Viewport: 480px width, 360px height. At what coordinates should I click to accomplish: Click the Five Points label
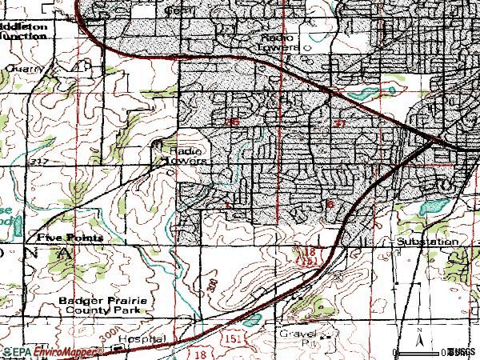(x=58, y=238)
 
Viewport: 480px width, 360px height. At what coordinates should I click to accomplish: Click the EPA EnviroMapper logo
(x=53, y=350)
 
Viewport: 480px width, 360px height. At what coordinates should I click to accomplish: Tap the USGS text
(x=462, y=352)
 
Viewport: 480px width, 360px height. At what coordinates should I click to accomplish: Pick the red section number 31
(x=340, y=123)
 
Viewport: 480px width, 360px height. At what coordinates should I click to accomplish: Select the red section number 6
(x=330, y=204)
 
